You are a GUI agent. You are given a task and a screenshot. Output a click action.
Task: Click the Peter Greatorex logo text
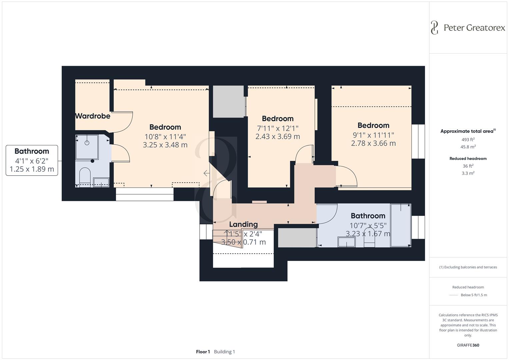(474, 28)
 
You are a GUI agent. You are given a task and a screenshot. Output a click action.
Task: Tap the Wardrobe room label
(92, 116)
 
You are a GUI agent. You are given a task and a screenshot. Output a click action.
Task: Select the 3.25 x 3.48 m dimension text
(165, 145)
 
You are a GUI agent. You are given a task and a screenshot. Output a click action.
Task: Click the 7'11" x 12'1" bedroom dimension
(277, 128)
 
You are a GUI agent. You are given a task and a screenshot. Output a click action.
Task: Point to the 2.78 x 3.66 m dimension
(373, 143)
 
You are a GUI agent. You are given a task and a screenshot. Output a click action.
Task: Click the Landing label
(243, 224)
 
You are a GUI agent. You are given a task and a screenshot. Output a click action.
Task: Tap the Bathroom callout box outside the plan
(32, 160)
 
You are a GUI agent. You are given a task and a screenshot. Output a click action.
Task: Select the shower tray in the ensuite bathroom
(87, 147)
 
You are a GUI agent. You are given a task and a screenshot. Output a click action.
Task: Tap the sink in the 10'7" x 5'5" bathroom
(346, 242)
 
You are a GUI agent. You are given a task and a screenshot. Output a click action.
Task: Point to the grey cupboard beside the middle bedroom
(228, 102)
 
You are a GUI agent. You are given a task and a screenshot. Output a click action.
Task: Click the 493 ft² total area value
(468, 140)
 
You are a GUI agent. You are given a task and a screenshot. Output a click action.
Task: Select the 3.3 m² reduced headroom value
(468, 173)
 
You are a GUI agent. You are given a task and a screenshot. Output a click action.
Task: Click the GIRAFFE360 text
(468, 345)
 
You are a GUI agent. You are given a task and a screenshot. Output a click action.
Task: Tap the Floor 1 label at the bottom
(203, 352)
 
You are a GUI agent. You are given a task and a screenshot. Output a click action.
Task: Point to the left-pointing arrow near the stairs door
(207, 173)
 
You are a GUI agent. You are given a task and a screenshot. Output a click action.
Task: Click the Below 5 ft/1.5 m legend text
(474, 295)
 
